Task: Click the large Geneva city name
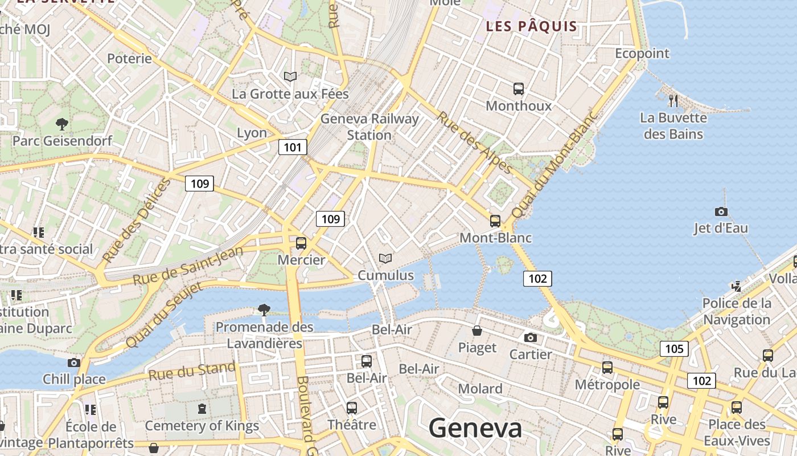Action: (x=475, y=428)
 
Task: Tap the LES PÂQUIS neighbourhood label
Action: (x=531, y=26)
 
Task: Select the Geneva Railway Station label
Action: (x=369, y=127)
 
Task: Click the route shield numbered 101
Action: (x=293, y=148)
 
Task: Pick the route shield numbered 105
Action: (x=674, y=348)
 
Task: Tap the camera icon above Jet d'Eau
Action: (x=721, y=211)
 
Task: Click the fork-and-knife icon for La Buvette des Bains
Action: (x=673, y=101)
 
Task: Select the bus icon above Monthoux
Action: (x=518, y=89)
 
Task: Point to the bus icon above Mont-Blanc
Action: (x=495, y=221)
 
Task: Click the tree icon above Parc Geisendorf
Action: (x=62, y=123)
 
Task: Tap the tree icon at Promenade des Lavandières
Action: (x=264, y=310)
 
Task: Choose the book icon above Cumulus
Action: (x=385, y=258)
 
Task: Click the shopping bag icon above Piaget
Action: (x=477, y=331)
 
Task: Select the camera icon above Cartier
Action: (x=530, y=337)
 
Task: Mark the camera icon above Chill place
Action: (x=73, y=363)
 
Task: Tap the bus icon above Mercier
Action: (x=301, y=243)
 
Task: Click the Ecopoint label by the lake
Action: (x=642, y=54)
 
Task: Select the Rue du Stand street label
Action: (x=192, y=372)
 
